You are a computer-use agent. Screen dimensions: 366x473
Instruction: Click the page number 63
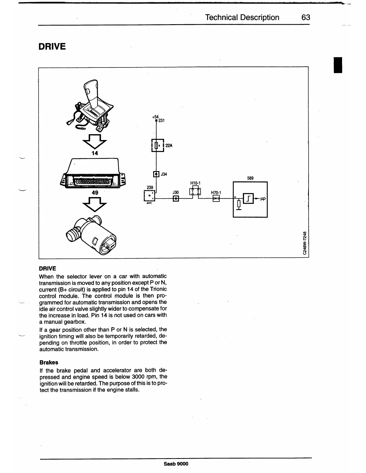pos(306,17)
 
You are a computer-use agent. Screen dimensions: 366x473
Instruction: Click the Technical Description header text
pos(242,17)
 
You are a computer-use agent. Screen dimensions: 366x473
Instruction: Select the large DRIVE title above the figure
pos(52,47)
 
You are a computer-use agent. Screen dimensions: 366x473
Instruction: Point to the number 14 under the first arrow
pos(95,153)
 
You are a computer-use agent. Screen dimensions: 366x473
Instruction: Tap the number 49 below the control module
pos(95,193)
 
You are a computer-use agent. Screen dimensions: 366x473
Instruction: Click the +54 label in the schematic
pos(155,117)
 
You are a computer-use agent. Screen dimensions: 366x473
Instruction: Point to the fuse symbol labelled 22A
pos(157,146)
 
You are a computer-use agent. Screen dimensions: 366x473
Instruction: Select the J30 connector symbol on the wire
pos(176,199)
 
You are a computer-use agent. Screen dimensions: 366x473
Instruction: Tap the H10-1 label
pos(195,183)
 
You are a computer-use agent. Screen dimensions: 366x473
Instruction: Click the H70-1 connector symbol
pos(216,199)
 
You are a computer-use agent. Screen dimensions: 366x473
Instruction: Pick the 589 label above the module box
pos(250,178)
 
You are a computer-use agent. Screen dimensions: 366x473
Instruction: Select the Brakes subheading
pos(49,363)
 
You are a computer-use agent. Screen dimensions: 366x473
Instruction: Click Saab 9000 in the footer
pos(176,464)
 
